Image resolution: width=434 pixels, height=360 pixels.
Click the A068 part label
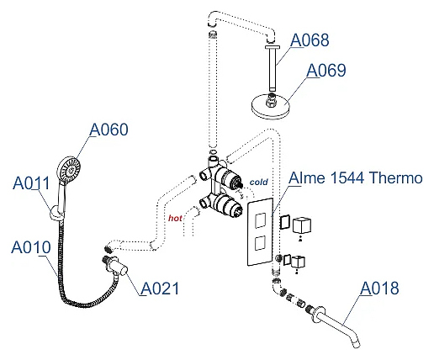(x=310, y=40)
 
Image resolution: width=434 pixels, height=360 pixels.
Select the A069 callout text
(x=326, y=70)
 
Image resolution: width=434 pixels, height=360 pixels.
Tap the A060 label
(x=108, y=130)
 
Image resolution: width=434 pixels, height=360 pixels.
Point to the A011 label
(x=31, y=183)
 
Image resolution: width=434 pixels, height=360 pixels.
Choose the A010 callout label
(x=31, y=247)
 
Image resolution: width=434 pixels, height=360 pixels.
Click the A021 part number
(x=160, y=289)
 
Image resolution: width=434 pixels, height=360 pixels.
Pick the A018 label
(x=379, y=288)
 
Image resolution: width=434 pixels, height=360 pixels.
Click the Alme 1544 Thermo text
(x=356, y=178)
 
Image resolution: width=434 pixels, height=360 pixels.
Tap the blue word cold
(x=258, y=182)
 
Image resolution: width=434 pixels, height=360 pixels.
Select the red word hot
(x=175, y=218)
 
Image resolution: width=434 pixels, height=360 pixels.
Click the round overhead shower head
(x=270, y=106)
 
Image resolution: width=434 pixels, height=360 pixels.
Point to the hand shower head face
(x=70, y=170)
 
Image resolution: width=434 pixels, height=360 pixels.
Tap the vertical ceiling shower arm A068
(x=273, y=68)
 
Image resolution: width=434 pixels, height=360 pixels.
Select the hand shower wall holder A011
(x=57, y=213)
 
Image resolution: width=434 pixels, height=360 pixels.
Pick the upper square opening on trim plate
(x=260, y=220)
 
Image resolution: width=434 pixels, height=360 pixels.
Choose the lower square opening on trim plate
(x=260, y=243)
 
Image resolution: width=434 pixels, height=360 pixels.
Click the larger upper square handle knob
(x=302, y=226)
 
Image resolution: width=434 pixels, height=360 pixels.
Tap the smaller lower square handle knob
(x=298, y=262)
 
